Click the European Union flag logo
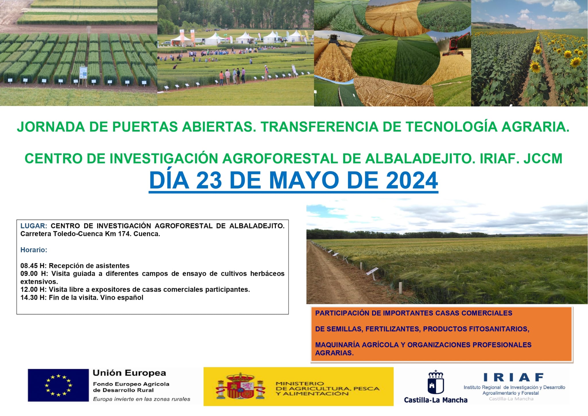[x=58, y=385]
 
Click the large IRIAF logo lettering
[x=514, y=377]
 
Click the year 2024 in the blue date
[x=412, y=180]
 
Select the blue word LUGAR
[x=34, y=226]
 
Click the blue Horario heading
[x=34, y=250]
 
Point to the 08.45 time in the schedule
[x=29, y=266]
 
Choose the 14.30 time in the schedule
[x=29, y=297]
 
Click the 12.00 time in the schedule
[x=29, y=290]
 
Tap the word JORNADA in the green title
[x=51, y=127]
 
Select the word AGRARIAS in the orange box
[x=334, y=353]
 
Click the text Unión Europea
[x=129, y=373]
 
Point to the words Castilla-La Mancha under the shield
[x=436, y=400]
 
